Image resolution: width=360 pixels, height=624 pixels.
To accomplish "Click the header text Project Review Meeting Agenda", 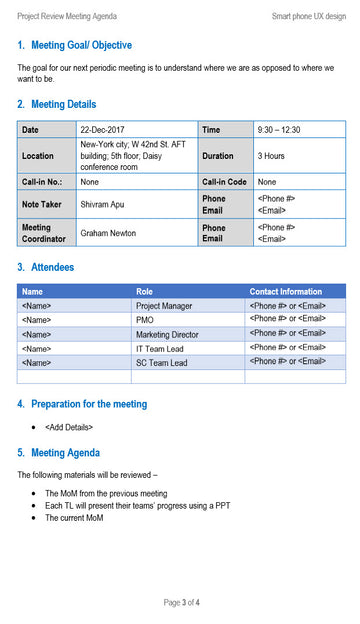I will click(67, 16).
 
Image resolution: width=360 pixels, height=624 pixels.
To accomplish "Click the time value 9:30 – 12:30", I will click(279, 130).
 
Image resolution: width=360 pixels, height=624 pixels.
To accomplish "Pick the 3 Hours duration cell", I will click(271, 156).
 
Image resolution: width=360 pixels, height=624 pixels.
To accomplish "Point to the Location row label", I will click(38, 156).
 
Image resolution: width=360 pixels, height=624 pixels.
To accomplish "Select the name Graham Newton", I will click(110, 233).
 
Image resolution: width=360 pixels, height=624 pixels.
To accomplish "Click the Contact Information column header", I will click(286, 291).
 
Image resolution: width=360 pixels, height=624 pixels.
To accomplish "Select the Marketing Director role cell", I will click(167, 334).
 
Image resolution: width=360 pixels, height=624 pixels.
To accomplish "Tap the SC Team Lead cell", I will click(161, 362).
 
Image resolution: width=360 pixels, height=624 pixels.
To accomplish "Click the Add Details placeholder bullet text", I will click(69, 427).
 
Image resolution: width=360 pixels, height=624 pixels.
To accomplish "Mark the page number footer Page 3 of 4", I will click(182, 603).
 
